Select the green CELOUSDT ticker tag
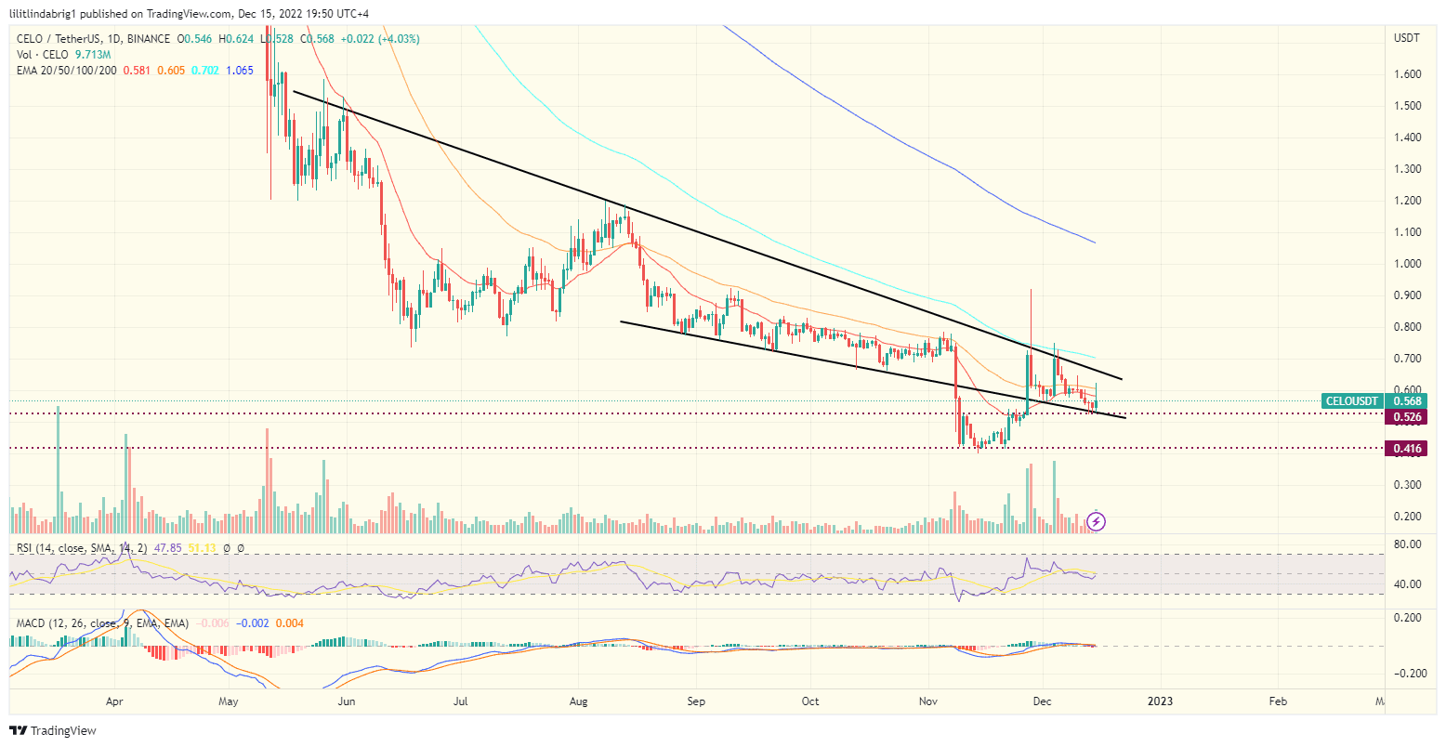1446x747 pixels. tap(1351, 401)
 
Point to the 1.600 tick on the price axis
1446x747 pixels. tap(1407, 74)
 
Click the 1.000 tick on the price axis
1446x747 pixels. tap(1407, 264)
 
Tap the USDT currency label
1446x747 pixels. tap(1406, 38)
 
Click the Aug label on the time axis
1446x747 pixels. tap(579, 701)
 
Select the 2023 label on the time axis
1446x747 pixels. tap(1160, 701)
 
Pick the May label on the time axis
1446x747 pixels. tap(228, 701)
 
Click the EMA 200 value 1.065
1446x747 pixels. tap(239, 71)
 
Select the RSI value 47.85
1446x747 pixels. tap(169, 548)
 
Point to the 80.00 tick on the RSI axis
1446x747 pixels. tap(1407, 544)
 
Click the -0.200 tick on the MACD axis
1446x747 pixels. tap(1407, 674)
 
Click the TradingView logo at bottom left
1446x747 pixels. tap(53, 731)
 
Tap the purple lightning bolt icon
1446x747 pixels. tap(1097, 521)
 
